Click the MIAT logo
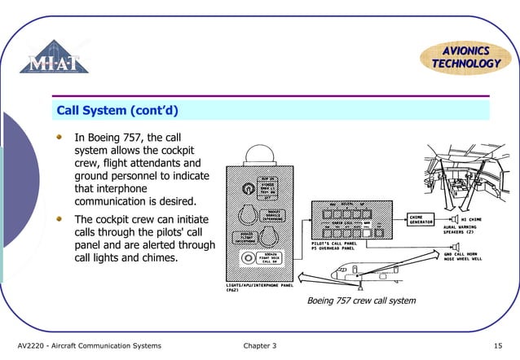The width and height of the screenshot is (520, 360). point(55,57)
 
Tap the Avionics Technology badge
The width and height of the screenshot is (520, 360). point(465,56)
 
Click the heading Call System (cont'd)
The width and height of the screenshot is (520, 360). point(117,109)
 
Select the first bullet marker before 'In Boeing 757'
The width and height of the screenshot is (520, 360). point(59,138)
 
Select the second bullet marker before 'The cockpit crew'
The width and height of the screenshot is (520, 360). point(59,220)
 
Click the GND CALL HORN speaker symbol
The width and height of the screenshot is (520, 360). point(458,247)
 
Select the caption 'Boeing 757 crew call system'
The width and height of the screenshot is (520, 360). point(360,301)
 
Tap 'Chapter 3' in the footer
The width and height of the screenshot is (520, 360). point(259,346)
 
